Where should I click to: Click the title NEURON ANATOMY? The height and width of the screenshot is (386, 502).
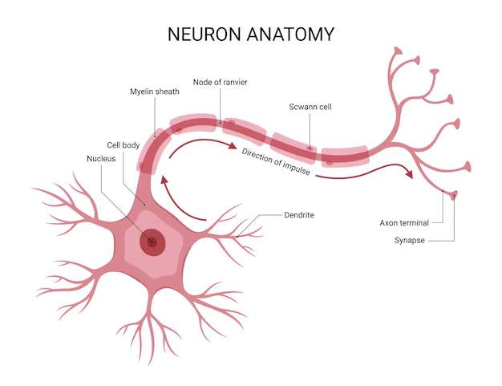point(251,34)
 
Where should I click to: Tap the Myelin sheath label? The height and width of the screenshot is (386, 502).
point(155,91)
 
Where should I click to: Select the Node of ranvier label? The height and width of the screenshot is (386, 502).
point(220,82)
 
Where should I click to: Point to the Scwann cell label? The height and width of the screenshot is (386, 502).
point(310,107)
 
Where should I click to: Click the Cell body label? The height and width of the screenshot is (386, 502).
point(124,145)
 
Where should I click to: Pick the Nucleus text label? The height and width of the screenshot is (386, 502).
point(102,159)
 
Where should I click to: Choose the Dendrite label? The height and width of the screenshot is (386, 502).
point(299,215)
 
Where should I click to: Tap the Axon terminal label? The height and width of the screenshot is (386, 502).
point(404,222)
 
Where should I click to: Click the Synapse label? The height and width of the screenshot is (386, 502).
point(411,240)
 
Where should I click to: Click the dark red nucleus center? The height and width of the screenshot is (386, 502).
point(151,241)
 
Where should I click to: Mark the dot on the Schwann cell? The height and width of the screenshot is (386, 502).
point(310,148)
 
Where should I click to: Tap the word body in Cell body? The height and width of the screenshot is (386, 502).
point(132,145)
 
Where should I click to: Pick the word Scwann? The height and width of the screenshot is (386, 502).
point(302,107)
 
